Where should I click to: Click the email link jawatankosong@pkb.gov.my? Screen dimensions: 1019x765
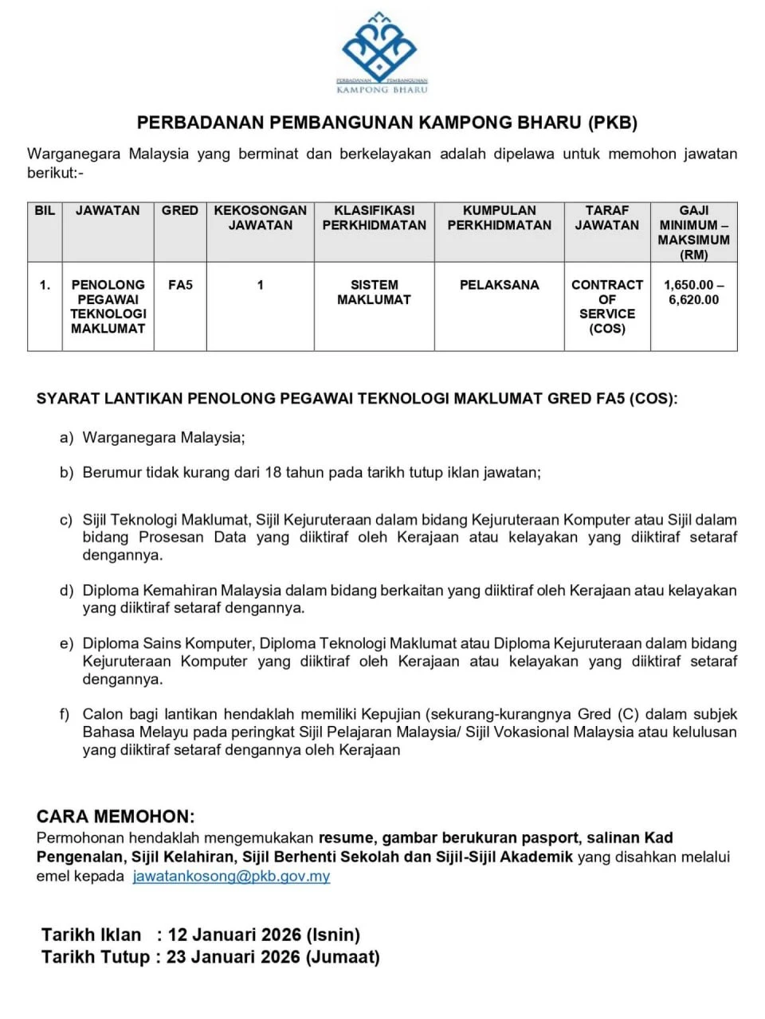click(x=231, y=876)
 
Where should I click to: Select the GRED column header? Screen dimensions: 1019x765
click(x=180, y=211)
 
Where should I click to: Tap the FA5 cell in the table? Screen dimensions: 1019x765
click(x=180, y=285)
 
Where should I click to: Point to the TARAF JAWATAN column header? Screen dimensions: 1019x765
click(x=607, y=218)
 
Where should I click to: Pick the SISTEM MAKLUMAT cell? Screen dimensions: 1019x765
click(x=374, y=292)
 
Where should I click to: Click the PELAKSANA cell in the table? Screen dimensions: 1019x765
click(x=499, y=285)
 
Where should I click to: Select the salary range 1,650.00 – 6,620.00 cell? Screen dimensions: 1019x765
click(x=693, y=292)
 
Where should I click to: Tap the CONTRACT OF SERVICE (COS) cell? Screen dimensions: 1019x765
click(x=607, y=306)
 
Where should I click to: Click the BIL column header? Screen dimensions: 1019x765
click(x=45, y=211)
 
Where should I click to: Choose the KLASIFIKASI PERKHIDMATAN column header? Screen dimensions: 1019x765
click(x=374, y=218)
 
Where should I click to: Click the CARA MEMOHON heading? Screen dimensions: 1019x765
click(x=116, y=816)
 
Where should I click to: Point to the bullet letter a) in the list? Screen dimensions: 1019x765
click(x=66, y=438)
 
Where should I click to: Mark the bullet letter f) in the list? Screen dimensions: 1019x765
click(x=65, y=714)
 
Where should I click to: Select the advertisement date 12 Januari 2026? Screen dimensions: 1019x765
click(x=234, y=935)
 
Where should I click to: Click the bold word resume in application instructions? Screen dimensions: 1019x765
click(x=346, y=838)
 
